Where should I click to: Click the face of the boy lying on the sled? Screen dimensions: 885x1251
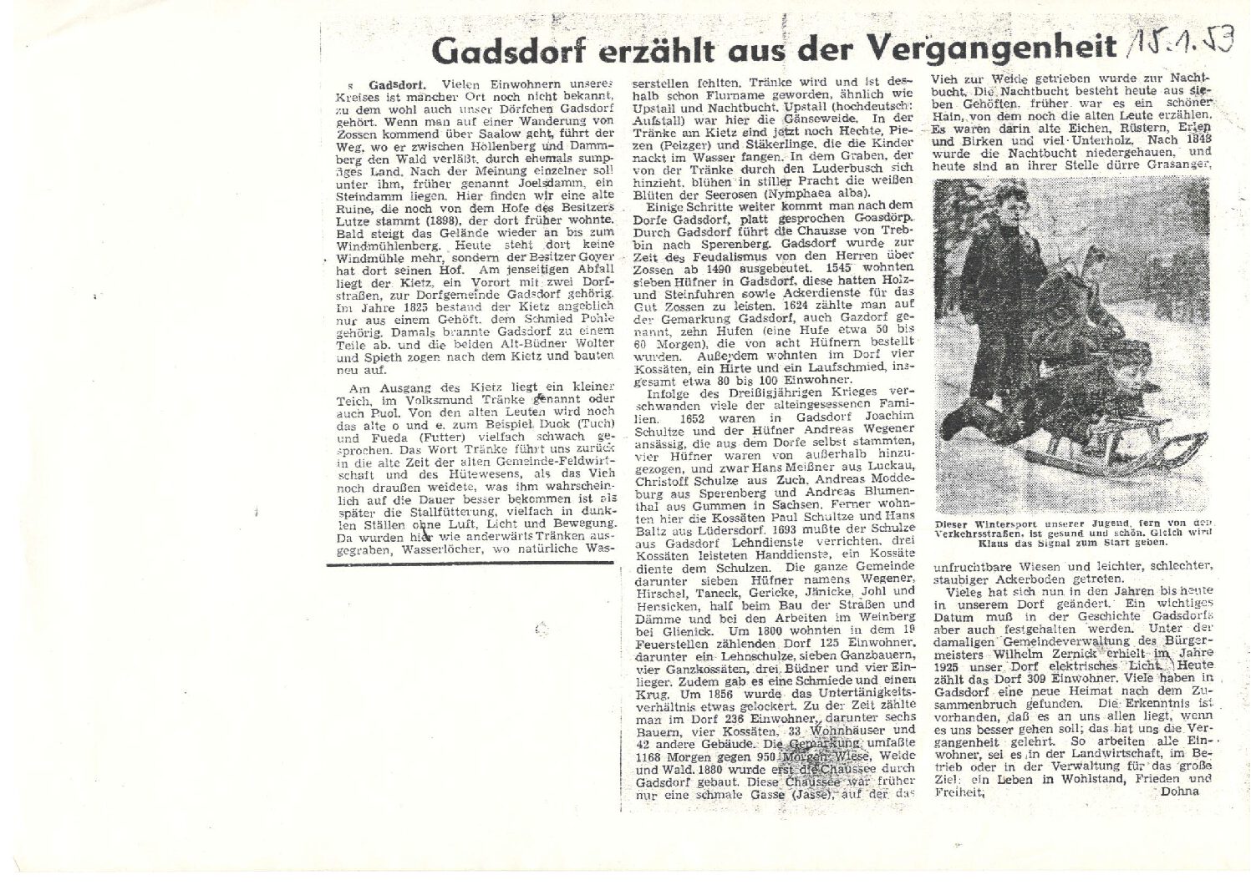click(x=1125, y=372)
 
